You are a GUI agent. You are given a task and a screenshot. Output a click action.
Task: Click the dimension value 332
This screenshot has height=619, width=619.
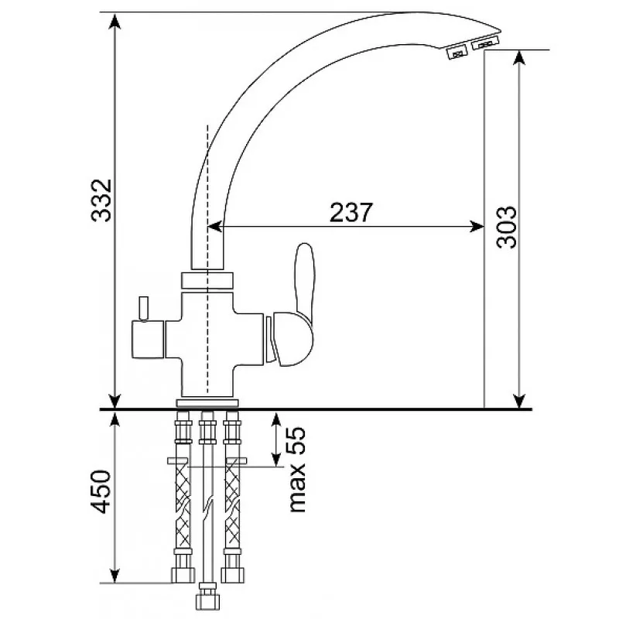coord(101,200)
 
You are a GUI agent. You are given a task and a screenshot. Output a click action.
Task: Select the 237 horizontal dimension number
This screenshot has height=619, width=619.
coord(351,212)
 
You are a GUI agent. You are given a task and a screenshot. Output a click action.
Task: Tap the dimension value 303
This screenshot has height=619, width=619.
coord(506,227)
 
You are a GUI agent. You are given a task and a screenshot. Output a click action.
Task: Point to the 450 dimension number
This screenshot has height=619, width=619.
coord(100,491)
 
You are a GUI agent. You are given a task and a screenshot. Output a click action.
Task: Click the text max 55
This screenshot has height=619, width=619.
coord(297,470)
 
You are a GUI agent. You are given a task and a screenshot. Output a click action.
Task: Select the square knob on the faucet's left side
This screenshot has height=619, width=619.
coord(148,339)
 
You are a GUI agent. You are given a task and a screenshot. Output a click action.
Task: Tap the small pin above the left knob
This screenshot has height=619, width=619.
coord(142,308)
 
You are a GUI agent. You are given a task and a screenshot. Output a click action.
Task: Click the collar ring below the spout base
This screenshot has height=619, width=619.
coord(207,280)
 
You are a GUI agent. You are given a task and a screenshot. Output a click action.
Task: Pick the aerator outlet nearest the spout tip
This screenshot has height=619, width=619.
coord(485,43)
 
